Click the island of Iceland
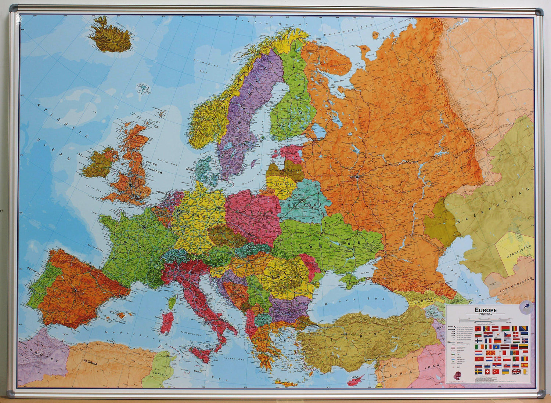tap(110, 37)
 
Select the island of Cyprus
tap(356, 379)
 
